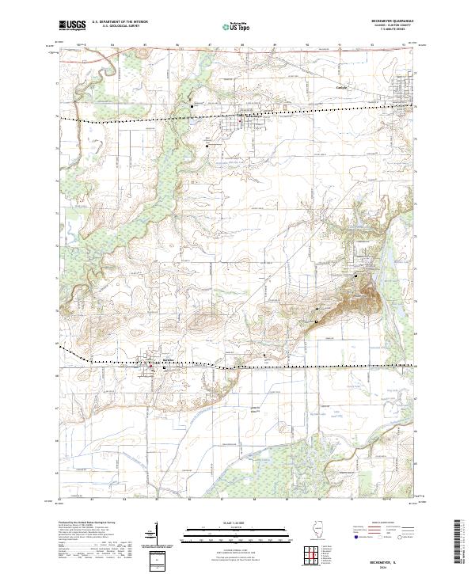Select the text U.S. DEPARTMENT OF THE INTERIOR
pyautogui.click(x=120, y=22)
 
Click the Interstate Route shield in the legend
pyautogui.click(x=357, y=538)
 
